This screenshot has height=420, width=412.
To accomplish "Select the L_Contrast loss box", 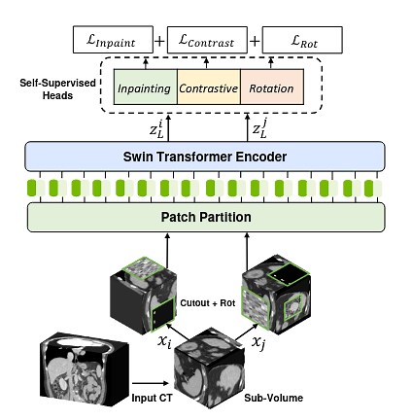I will [207, 40].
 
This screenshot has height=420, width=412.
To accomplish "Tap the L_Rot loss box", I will [303, 40].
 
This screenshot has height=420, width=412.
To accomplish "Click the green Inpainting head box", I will [145, 88].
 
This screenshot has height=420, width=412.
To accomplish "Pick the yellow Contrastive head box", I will [208, 88].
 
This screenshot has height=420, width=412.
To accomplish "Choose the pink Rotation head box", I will [271, 88].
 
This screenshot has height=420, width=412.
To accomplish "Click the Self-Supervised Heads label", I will [57, 89].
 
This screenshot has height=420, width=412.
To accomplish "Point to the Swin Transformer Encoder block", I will [205, 157].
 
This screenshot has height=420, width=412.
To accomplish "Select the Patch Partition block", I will [205, 217].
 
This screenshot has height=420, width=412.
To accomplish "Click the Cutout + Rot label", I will [208, 302].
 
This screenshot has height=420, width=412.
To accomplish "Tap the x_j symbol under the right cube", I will [258, 341].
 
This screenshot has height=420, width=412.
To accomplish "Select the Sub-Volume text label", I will [273, 398].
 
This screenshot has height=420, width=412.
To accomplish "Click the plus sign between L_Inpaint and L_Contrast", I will [159, 41].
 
